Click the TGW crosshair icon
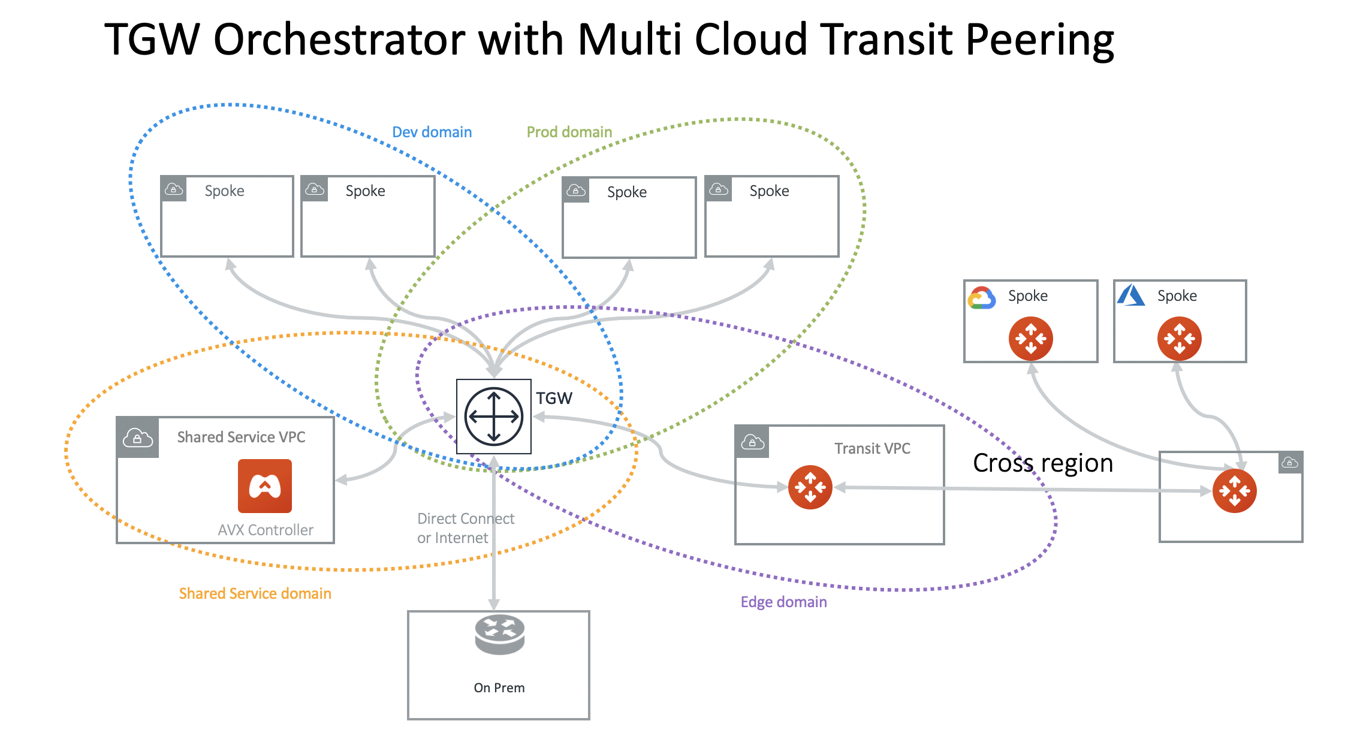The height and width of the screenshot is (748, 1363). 493,416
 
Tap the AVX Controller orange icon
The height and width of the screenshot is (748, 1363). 264,486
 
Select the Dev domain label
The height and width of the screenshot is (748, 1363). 432,132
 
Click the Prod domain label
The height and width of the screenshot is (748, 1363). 569,132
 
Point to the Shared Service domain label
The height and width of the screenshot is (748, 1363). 255,593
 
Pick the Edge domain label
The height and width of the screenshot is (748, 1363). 783,602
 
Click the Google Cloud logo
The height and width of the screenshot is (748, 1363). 982,297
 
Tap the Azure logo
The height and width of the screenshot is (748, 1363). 1131,295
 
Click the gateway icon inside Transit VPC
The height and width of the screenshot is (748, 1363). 810,487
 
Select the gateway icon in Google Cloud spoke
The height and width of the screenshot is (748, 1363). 1030,339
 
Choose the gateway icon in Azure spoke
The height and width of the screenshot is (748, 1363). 1179,339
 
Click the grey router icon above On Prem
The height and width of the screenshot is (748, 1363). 499,634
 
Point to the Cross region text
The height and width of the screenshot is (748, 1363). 1042,463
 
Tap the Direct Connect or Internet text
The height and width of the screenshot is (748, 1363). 465,528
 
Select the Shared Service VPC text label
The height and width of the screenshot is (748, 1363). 241,437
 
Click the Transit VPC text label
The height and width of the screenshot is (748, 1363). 872,448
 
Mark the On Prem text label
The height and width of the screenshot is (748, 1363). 499,687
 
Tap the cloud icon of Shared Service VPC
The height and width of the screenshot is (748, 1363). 137,438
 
